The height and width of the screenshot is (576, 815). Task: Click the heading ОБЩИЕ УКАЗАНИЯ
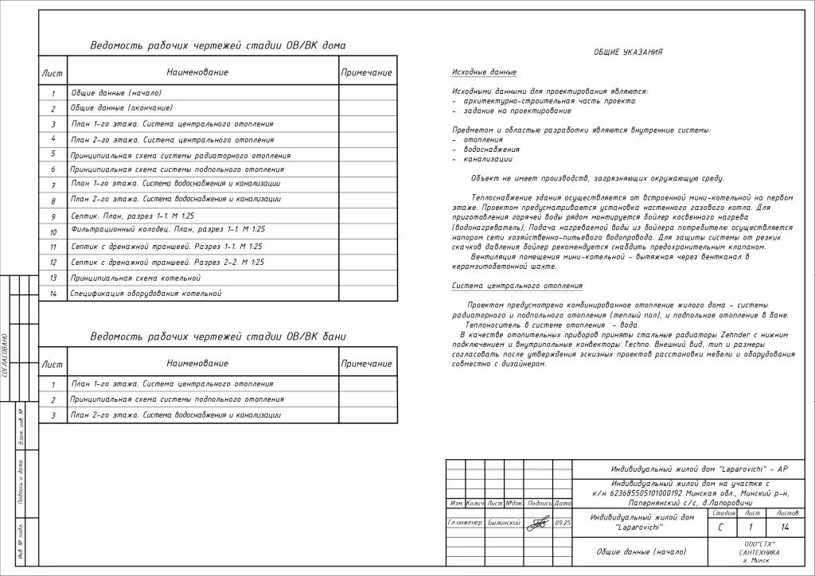[x=628, y=53]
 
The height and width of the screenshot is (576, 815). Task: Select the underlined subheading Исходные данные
[x=484, y=72]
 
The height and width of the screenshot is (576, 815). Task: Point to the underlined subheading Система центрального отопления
[x=517, y=286]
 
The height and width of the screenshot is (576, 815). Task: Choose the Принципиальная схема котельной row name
[x=135, y=278]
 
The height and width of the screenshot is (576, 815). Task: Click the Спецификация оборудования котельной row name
[x=146, y=294]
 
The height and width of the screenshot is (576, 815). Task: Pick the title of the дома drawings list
[x=217, y=45]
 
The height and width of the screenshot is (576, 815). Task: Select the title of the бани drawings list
[x=217, y=337]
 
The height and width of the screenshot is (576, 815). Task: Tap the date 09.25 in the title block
[x=563, y=523]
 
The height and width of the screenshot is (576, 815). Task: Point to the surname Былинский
[x=504, y=523]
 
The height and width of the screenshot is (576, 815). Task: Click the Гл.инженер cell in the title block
[x=465, y=523]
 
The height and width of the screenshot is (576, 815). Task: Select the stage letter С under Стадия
[x=720, y=527]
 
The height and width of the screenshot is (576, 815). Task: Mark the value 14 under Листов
[x=786, y=527]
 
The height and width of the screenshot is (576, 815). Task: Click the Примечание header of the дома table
[x=366, y=72]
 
